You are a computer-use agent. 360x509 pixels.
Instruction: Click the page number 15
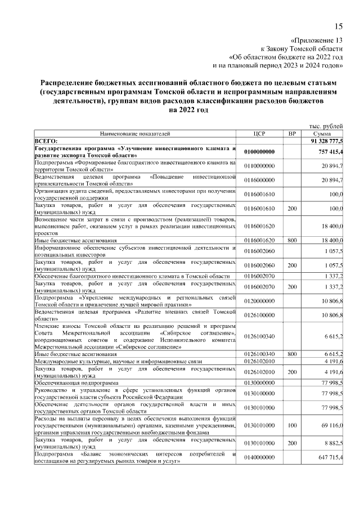coord(338,25)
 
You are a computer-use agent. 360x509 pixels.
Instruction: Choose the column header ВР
coord(291,134)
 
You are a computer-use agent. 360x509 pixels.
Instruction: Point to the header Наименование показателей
coord(134,134)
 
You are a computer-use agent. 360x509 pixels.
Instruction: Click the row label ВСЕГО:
coord(46,141)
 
